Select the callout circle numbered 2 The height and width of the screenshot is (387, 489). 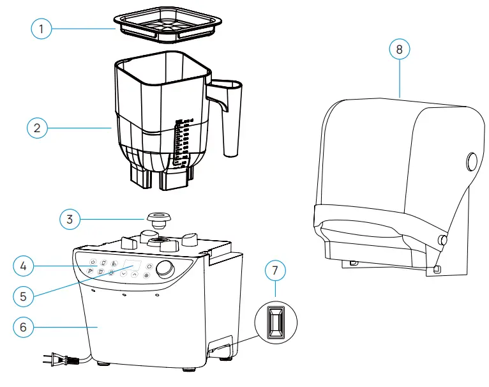[x=38, y=128]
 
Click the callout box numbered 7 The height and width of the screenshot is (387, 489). [x=275, y=271]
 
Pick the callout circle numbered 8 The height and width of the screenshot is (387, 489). [x=400, y=49]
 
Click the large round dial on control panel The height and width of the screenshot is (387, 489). [x=167, y=269]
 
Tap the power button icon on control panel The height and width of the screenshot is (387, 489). [x=93, y=262]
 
